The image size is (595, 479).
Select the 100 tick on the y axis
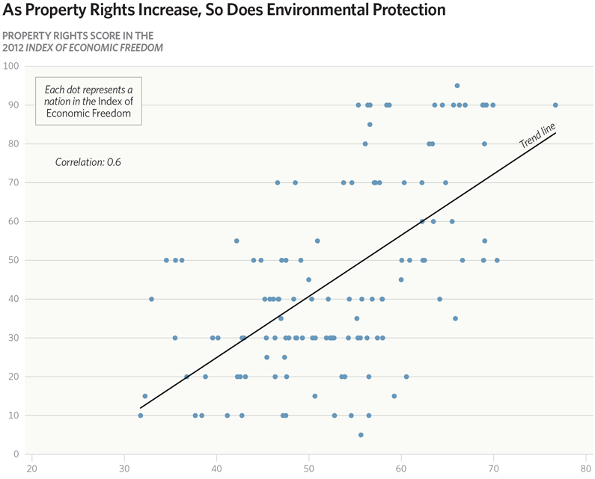pos(12,66)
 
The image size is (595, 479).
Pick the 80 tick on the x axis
pos(585,469)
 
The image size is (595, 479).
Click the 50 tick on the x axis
pos(309,469)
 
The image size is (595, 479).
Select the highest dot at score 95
pos(457,85)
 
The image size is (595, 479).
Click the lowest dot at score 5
pos(361,435)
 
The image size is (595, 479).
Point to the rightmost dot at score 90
pos(555,105)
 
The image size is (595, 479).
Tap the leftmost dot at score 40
pos(151,299)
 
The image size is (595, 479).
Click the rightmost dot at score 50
pos(497,260)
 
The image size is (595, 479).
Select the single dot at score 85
pos(370,124)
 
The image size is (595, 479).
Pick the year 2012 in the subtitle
pos(14,48)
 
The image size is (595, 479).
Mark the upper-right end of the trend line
pos(555,133)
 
